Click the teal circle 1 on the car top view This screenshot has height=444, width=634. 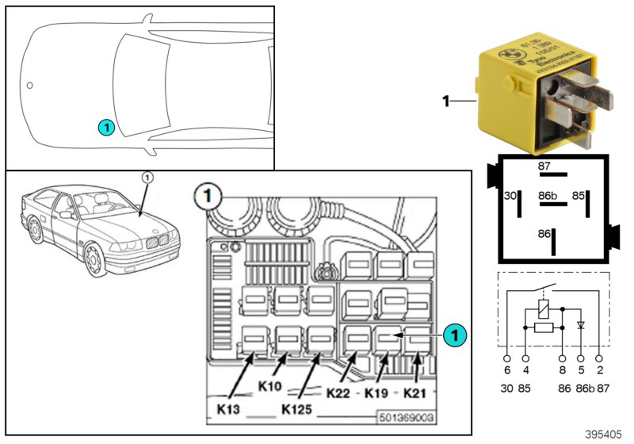tap(106, 127)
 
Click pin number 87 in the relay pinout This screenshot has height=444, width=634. tap(544, 166)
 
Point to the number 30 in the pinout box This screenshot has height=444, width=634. tap(510, 194)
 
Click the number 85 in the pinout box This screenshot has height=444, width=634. tap(579, 194)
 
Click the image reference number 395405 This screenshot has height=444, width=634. tap(604, 435)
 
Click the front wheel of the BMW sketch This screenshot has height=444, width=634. tap(96, 258)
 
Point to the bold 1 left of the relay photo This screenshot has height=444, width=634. tap(445, 101)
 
